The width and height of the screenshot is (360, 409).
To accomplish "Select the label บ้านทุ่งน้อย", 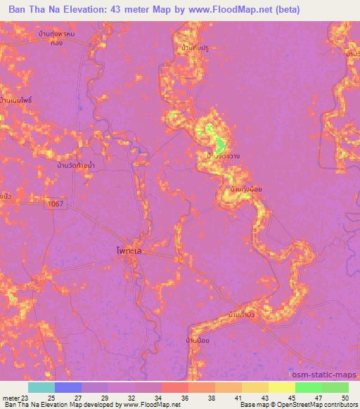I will point(241,190).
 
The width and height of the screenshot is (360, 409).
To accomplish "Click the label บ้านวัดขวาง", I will point(224,156).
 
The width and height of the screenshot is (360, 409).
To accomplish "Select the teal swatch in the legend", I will point(41,387).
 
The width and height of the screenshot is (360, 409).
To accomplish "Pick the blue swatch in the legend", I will point(67,387).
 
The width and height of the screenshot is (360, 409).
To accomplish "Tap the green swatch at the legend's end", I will point(335,387).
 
